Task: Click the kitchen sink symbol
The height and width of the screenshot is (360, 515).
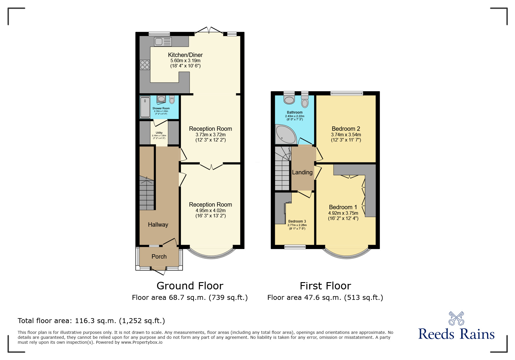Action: pyautogui.click(x=163, y=42)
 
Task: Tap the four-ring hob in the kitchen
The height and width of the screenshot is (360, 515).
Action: pyautogui.click(x=145, y=65)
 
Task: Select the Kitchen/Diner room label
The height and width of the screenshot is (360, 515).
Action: pyautogui.click(x=185, y=55)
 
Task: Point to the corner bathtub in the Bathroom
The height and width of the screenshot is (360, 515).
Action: pyautogui.click(x=285, y=135)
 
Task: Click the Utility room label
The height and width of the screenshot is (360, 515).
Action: pyautogui.click(x=159, y=133)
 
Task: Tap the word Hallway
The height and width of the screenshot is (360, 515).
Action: pyautogui.click(x=158, y=225)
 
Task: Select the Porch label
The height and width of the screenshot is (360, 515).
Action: pyautogui.click(x=159, y=257)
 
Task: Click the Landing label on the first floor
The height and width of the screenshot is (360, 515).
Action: pyautogui.click(x=302, y=172)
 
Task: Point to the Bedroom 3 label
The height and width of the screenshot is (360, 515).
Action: pyautogui.click(x=297, y=221)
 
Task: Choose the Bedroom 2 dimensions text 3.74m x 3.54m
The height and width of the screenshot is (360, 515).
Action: pyautogui.click(x=346, y=135)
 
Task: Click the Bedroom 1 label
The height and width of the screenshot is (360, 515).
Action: pyautogui.click(x=343, y=207)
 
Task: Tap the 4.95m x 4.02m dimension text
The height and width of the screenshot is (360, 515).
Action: pyautogui.click(x=211, y=211)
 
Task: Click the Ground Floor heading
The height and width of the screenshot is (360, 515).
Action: pyautogui.click(x=190, y=286)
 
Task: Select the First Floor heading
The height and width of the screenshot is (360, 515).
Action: pyautogui.click(x=325, y=286)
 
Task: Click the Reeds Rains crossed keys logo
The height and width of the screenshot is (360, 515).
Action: pyautogui.click(x=456, y=318)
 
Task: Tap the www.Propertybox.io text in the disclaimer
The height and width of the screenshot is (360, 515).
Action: pyautogui.click(x=142, y=342)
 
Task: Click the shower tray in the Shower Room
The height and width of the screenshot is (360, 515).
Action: pyautogui.click(x=145, y=108)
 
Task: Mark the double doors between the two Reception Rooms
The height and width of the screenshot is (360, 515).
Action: pyautogui.click(x=211, y=166)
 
